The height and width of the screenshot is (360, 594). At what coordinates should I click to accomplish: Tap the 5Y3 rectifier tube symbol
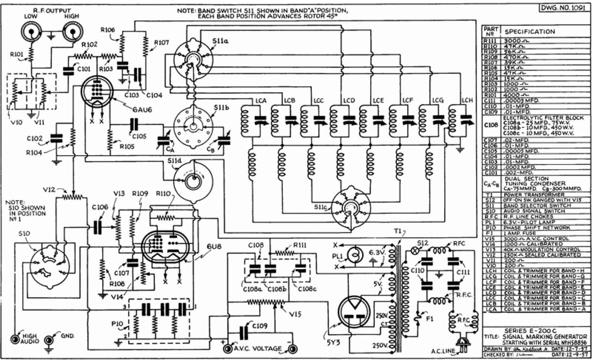point(354,310)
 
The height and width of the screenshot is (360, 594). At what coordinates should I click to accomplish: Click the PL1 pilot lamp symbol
point(355,255)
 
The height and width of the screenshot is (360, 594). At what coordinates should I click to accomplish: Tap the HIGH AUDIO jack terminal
point(15,339)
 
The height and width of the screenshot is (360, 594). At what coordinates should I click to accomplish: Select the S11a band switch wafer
point(192,59)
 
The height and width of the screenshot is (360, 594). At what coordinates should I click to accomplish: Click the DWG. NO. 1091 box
point(564,7)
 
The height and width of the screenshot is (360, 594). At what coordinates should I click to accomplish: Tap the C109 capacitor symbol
point(244,332)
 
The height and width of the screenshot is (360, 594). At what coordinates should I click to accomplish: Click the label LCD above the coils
point(349,100)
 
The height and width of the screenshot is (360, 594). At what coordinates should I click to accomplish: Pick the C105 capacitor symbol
point(134,125)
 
